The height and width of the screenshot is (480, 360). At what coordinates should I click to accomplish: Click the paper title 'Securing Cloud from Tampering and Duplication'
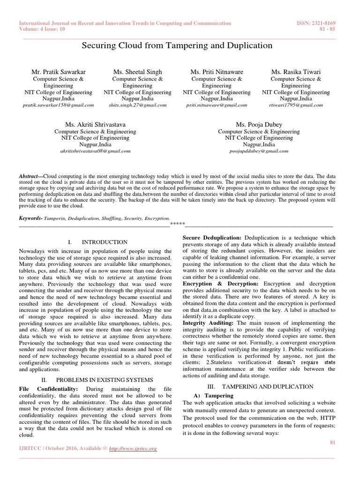pyautogui.click(x=177, y=45)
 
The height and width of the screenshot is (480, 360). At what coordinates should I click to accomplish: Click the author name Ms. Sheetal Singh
pyautogui.click(x=137, y=72)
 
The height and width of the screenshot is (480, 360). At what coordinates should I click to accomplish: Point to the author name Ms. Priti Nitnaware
pyautogui.click(x=217, y=72)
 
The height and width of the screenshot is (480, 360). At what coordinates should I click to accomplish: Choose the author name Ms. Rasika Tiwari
pyautogui.click(x=296, y=72)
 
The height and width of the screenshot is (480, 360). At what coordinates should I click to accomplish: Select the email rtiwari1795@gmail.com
pyautogui.click(x=296, y=105)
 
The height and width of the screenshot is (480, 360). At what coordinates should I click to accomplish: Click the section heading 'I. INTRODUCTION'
pyautogui.click(x=97, y=242)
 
